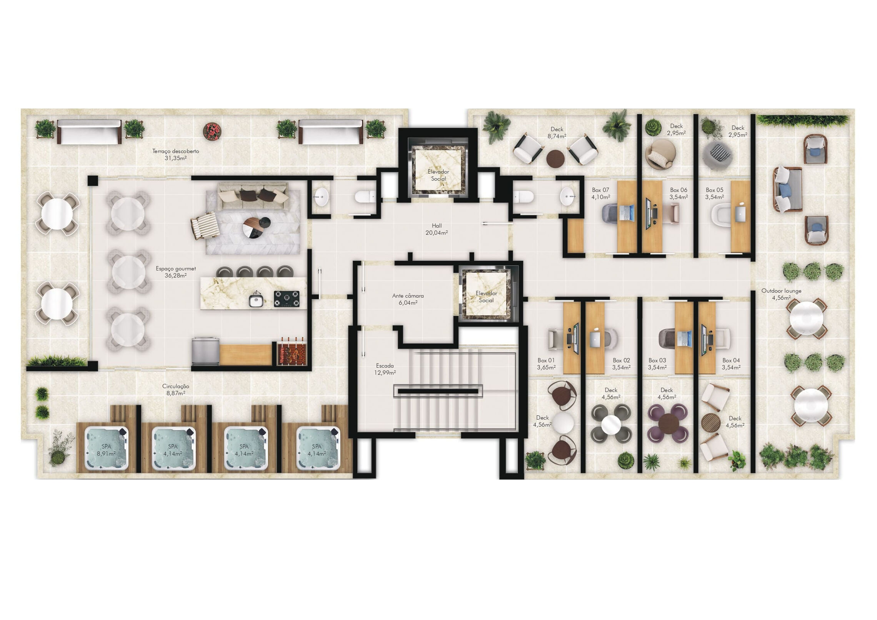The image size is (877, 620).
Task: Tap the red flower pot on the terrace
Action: point(212,131)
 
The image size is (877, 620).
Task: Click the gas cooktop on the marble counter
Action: point(287,299)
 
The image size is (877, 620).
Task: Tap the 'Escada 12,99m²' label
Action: point(385,369)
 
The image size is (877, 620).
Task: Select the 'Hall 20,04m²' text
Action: point(437,229)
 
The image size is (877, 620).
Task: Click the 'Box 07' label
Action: point(600,190)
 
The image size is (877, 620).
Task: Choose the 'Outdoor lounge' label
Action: point(781,291)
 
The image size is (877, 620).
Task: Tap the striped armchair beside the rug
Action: point(205,225)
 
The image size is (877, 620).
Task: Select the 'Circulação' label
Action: point(175,386)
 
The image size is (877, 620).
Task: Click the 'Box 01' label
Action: point(546,360)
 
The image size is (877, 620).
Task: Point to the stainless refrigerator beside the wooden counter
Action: point(205,351)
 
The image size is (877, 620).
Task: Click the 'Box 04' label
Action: point(731,360)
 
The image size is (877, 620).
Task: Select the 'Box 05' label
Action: point(714,190)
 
